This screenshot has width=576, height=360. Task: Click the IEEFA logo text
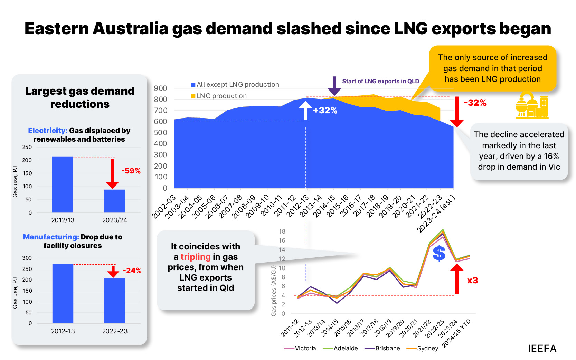pyautogui.click(x=542, y=349)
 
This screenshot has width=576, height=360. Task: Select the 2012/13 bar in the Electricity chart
pyautogui.click(x=63, y=184)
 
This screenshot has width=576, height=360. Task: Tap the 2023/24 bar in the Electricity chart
pyautogui.click(x=115, y=201)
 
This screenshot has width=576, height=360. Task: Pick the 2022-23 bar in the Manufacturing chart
pyautogui.click(x=115, y=301)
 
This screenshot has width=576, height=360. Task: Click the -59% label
pyautogui.click(x=131, y=171)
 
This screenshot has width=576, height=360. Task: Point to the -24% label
pyautogui.click(x=132, y=271)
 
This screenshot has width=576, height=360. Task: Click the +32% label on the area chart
pyautogui.click(x=325, y=110)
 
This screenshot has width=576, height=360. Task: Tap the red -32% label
pyautogui.click(x=475, y=103)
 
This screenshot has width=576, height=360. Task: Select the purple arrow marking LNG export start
pyautogui.click(x=334, y=86)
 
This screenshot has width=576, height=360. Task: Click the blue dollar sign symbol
pyautogui.click(x=439, y=253)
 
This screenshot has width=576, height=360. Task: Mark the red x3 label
pyautogui.click(x=472, y=280)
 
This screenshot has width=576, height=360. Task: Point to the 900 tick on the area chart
pyautogui.click(x=160, y=88)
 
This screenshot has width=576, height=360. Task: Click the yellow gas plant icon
pyautogui.click(x=532, y=105)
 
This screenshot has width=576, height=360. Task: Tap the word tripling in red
pyautogui.click(x=195, y=257)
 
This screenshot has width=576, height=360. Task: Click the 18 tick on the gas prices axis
pyautogui.click(x=282, y=231)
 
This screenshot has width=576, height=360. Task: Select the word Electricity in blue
pyautogui.click(x=47, y=131)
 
